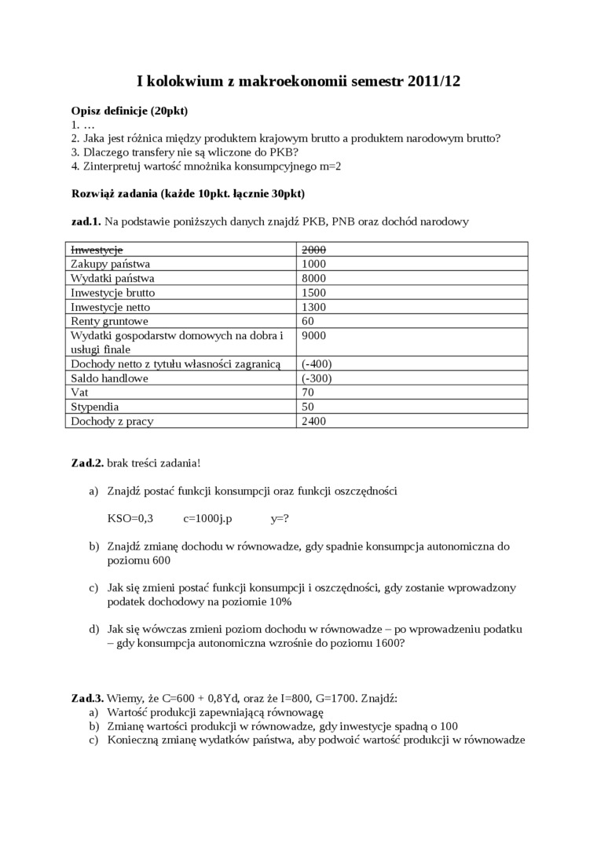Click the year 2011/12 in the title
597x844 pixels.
click(x=429, y=81)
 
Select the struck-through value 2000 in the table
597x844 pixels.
click(x=313, y=250)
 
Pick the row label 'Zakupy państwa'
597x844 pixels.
click(x=110, y=264)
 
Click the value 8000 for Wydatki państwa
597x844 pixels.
click(x=313, y=278)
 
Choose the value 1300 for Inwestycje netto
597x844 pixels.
click(x=313, y=307)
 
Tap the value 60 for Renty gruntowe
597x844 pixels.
click(x=307, y=321)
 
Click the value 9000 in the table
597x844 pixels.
click(x=313, y=335)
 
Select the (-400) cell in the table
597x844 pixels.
click(x=316, y=364)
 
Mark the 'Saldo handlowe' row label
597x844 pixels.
click(x=109, y=378)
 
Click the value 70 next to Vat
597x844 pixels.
click(x=307, y=393)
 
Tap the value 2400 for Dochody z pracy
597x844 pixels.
click(x=313, y=422)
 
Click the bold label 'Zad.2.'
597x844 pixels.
click(x=87, y=463)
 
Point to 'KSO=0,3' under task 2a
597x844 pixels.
click(x=130, y=519)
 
